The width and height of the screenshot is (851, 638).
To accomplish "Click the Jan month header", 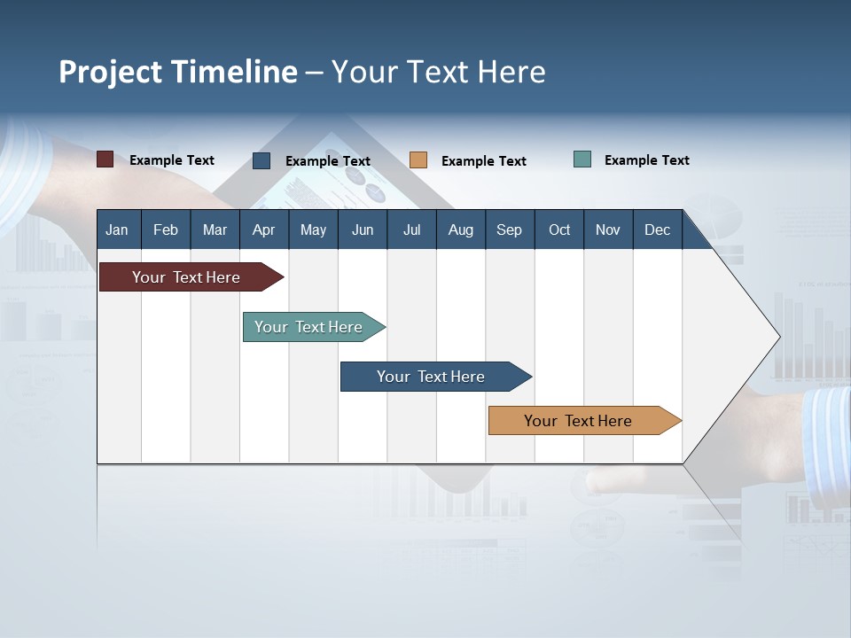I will [117, 230].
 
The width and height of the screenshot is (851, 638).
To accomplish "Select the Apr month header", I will [263, 230].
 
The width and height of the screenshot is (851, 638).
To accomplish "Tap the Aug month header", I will [460, 230].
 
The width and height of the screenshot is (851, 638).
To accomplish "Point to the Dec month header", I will [657, 230].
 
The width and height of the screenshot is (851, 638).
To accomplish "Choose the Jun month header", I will [362, 230].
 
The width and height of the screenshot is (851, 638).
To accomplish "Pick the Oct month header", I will [558, 230].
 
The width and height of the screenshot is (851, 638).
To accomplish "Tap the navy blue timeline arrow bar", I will [432, 377].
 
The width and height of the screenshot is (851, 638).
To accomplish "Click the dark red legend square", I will [105, 159].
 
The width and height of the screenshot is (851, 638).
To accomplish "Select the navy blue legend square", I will [262, 160].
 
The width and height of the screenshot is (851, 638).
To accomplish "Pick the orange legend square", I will [418, 160].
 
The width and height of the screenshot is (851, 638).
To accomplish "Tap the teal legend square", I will [582, 159].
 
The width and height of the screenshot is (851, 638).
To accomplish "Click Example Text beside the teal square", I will [646, 159].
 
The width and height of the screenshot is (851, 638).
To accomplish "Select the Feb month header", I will [166, 230].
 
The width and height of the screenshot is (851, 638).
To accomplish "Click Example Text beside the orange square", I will [483, 160].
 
